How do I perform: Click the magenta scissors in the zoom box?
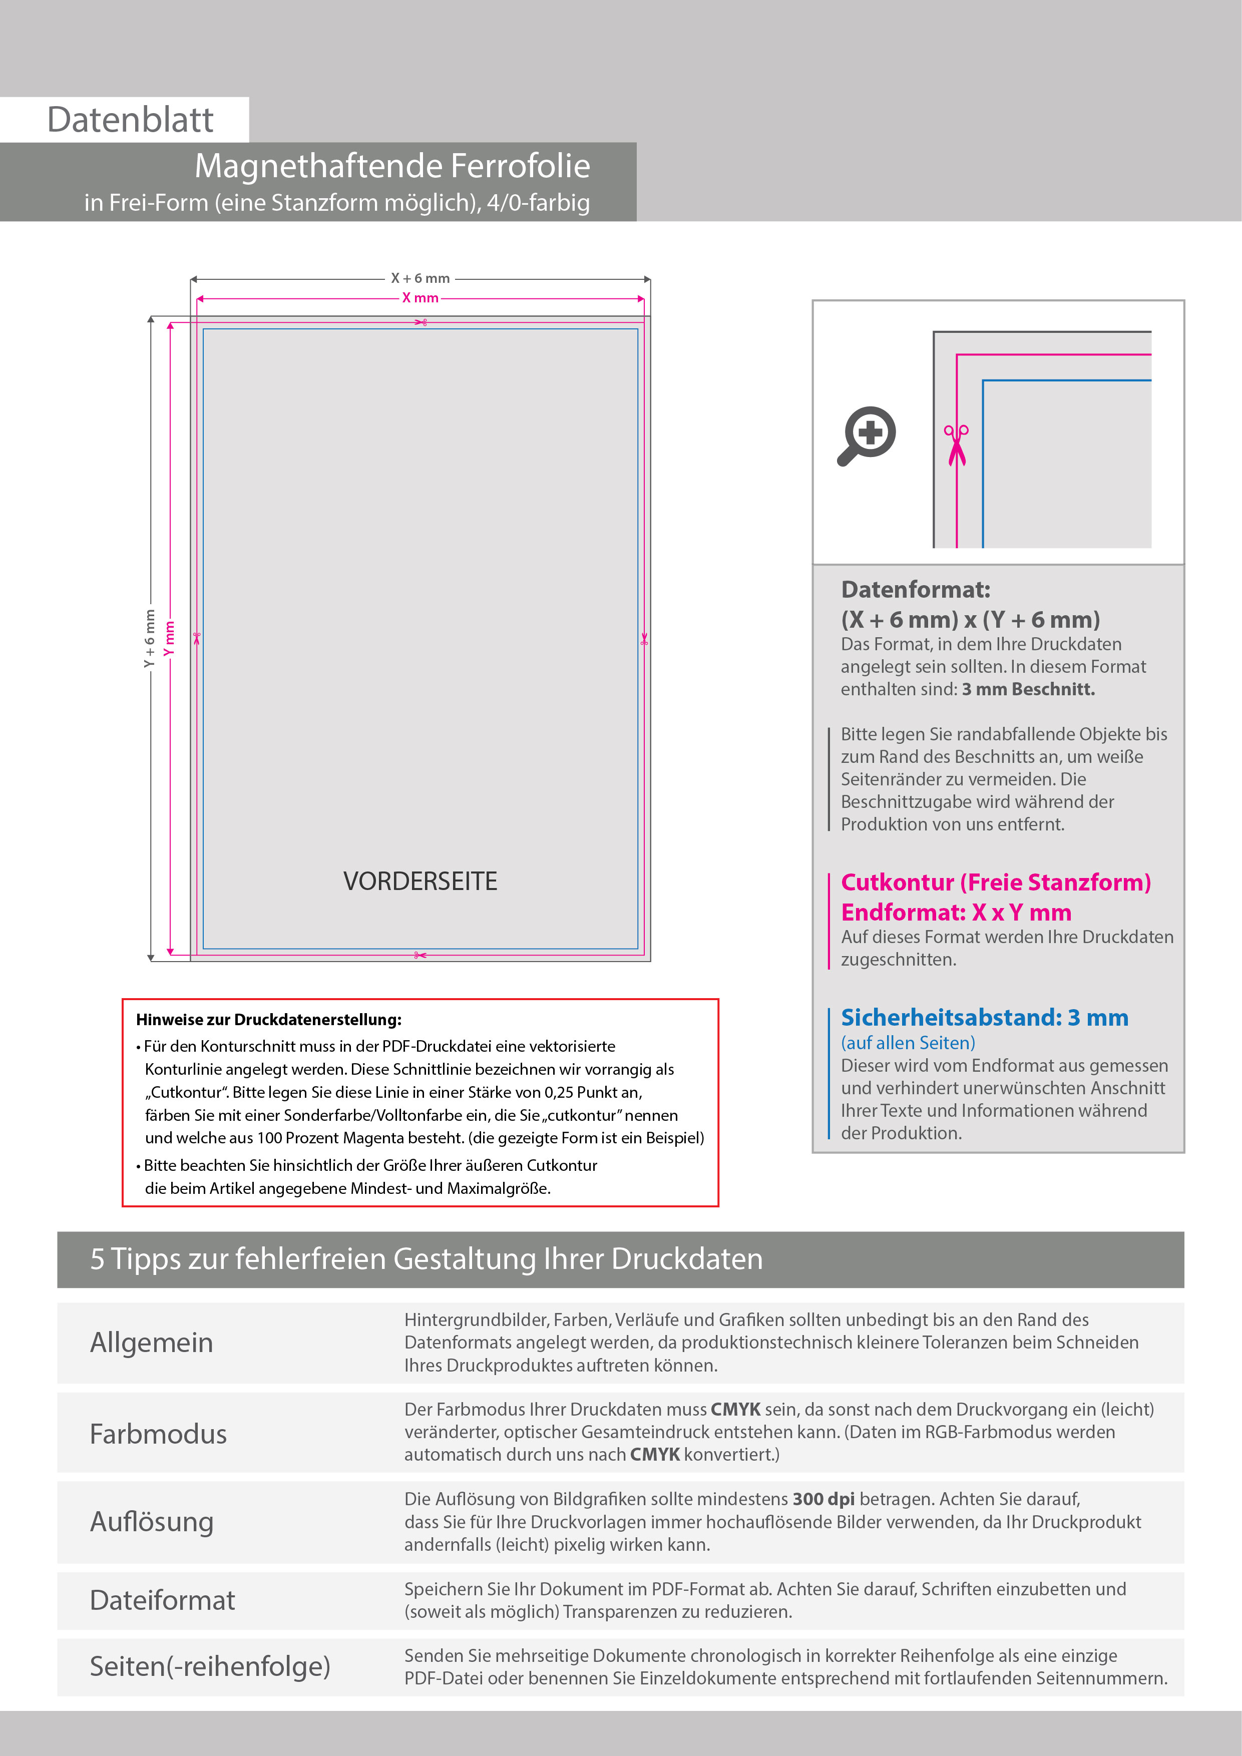click(x=956, y=445)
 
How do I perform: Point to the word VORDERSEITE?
click(x=420, y=881)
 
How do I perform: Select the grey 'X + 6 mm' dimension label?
click(x=420, y=278)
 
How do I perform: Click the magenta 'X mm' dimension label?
click(x=420, y=298)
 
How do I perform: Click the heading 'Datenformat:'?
click(x=916, y=590)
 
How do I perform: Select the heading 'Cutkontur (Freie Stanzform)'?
click(x=996, y=883)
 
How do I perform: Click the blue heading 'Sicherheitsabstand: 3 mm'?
click(x=984, y=1018)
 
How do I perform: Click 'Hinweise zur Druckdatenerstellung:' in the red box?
click(x=268, y=1020)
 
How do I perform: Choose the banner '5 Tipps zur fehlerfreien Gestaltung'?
click(x=426, y=1259)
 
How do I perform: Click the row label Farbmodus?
click(x=158, y=1434)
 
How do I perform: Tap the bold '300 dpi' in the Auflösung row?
click(x=823, y=1499)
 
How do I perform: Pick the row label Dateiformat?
click(x=162, y=1600)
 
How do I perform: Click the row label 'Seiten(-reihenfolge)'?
click(x=210, y=1666)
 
